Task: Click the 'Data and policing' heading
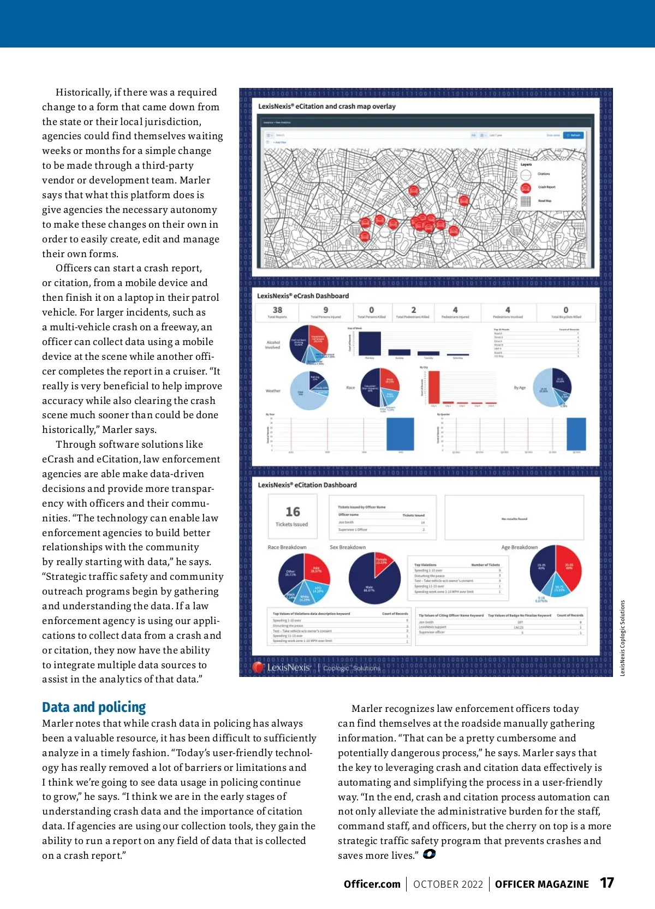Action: [94, 708]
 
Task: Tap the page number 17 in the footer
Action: [607, 883]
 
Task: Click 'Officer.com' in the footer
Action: [372, 884]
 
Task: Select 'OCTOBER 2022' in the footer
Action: [448, 884]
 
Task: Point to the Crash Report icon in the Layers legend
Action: [526, 188]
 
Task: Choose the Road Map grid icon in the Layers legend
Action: [526, 201]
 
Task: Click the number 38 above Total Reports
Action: [277, 310]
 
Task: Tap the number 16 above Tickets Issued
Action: [293, 512]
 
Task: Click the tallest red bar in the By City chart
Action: [434, 387]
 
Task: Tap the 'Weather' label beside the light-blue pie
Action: [273, 391]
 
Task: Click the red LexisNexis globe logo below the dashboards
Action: [258, 667]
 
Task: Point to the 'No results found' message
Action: [514, 519]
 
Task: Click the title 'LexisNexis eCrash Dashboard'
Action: [303, 296]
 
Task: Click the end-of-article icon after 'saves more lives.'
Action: [429, 854]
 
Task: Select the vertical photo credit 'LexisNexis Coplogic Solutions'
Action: [622, 638]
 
